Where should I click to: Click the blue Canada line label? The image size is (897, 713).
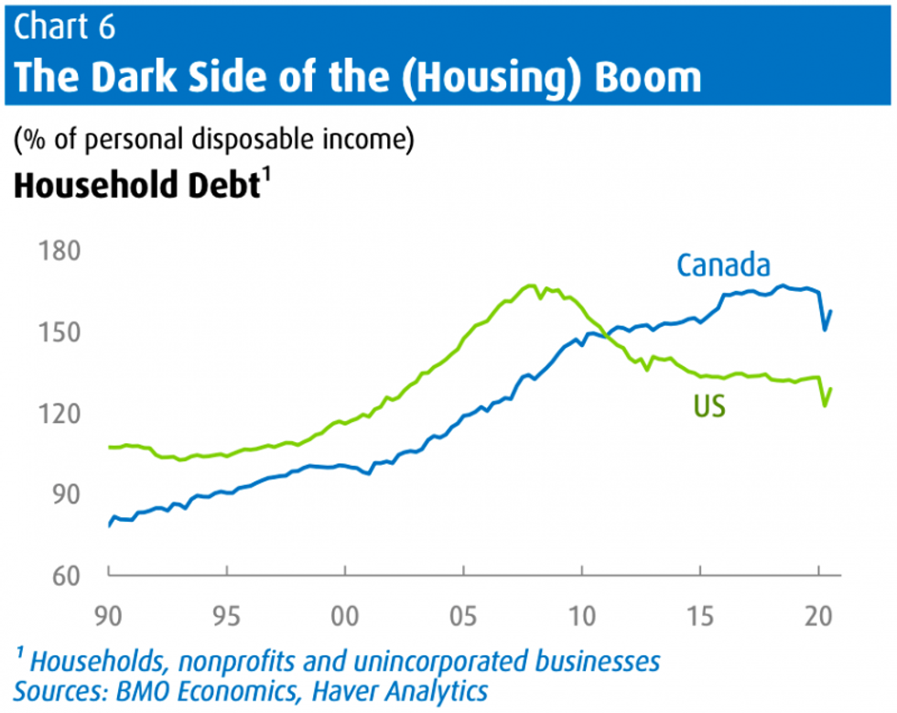coord(723,265)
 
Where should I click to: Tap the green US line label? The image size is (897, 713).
coord(709,405)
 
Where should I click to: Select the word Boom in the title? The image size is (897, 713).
coord(648,77)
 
